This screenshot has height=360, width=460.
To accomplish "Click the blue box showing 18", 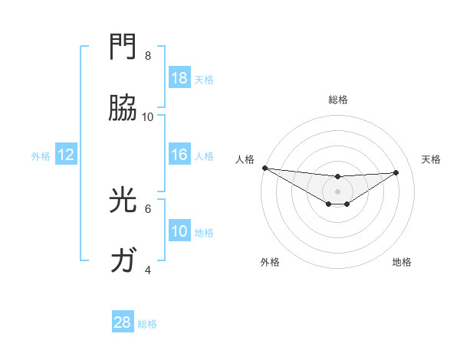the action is (179, 78).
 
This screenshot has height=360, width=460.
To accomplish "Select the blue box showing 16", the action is (179, 155).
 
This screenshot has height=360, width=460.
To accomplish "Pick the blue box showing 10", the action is (179, 231).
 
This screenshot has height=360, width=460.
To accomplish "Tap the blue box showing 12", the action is (66, 155).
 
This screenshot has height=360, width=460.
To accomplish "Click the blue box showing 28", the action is (123, 322).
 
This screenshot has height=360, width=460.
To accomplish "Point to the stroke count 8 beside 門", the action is (148, 56).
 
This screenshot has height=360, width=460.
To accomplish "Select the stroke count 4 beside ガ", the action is (148, 270).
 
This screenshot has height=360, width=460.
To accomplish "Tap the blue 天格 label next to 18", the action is (204, 79).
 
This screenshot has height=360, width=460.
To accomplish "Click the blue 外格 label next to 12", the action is (41, 155).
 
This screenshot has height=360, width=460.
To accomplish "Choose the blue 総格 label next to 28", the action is (147, 324).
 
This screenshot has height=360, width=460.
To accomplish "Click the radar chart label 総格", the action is (337, 100).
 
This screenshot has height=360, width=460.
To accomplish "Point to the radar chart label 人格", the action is (245, 159).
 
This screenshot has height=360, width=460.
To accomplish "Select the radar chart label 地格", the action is (402, 262).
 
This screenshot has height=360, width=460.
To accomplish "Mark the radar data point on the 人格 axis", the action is (264, 168).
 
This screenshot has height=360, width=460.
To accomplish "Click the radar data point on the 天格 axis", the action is (396, 172).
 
